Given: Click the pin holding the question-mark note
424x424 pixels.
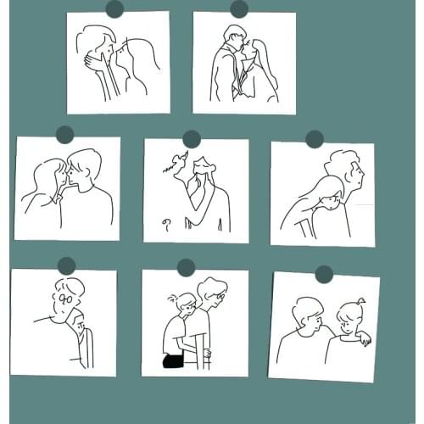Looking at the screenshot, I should coord(192,138).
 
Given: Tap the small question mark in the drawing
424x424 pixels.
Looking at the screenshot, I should coord(167,224).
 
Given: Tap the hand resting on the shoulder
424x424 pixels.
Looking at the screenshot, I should coord(363,339).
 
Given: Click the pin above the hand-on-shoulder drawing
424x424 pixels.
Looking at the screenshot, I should coord(324,274).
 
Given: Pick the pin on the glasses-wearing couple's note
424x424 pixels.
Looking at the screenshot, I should coord(67,265).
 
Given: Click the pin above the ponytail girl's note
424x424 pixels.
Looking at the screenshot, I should coord(187,268).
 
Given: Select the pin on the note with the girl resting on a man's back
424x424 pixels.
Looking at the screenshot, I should coord(315,139).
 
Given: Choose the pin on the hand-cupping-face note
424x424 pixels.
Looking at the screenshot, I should coord(114,9).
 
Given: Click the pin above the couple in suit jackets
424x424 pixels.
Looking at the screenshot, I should coord(239,9).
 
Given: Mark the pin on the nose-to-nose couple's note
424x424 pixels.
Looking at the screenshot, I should coord(64,135).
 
